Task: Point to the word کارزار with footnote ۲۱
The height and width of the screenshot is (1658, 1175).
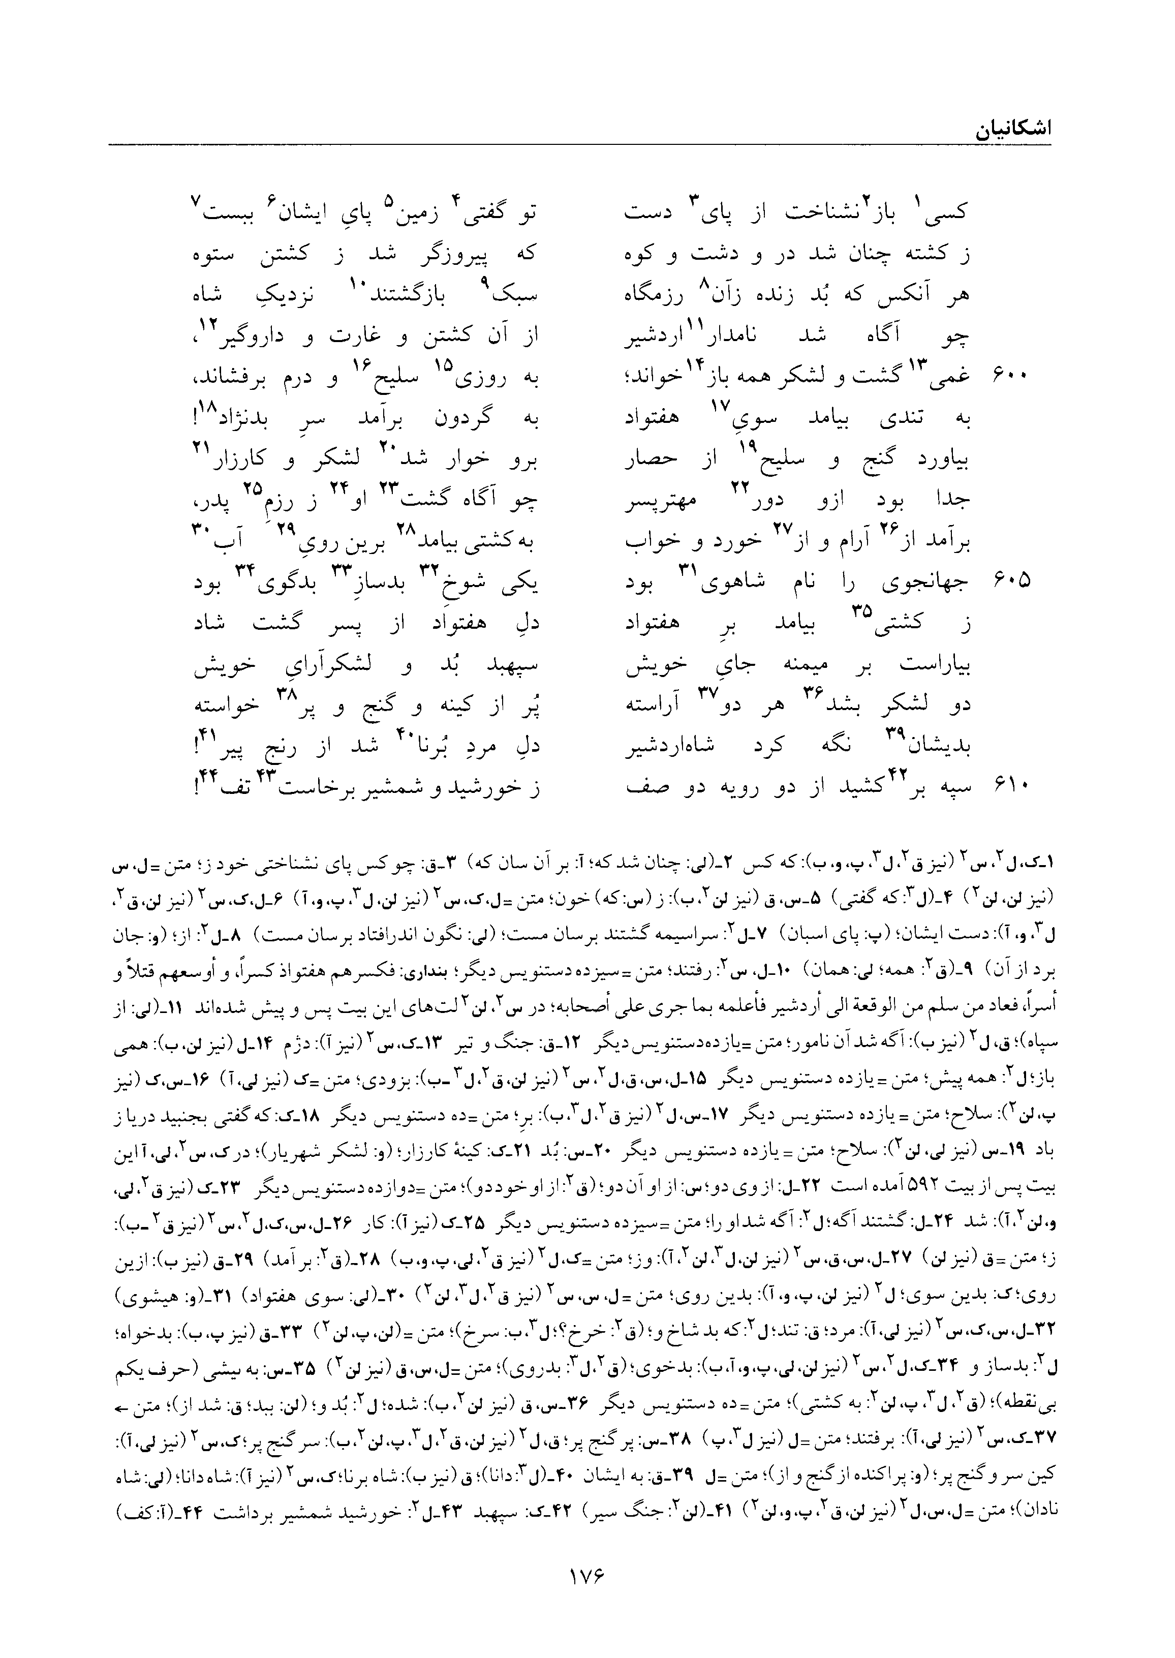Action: pos(239,458)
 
